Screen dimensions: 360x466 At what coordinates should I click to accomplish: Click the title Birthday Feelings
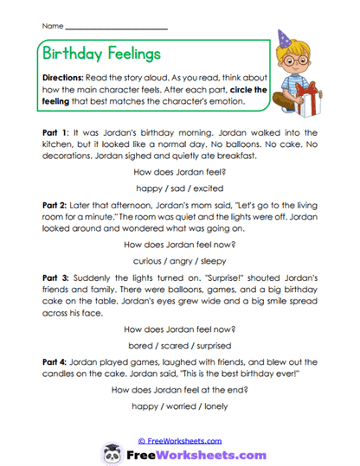(101, 54)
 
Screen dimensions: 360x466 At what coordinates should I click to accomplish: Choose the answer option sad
(180, 187)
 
